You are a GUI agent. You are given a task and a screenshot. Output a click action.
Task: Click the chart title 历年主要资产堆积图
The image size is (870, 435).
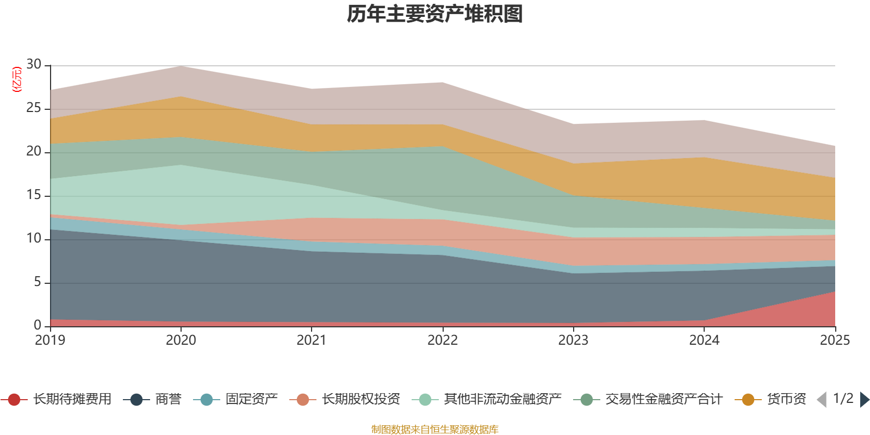pyautogui.click(x=435, y=15)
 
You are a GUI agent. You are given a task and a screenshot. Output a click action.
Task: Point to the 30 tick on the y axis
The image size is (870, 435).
pyautogui.click(x=34, y=65)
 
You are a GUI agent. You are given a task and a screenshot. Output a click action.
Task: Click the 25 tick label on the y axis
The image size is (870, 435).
pyautogui.click(x=34, y=108)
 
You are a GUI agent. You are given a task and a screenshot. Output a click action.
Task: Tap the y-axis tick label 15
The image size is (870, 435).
pyautogui.click(x=34, y=195)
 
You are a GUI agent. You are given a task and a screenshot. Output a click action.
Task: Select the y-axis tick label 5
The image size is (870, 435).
pyautogui.click(x=37, y=282)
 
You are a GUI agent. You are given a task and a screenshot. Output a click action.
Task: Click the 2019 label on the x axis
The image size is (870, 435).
pyautogui.click(x=50, y=340)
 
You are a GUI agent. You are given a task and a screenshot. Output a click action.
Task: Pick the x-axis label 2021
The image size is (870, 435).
pyautogui.click(x=312, y=340)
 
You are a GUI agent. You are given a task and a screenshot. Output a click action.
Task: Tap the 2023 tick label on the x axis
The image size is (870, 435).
pyautogui.click(x=573, y=340)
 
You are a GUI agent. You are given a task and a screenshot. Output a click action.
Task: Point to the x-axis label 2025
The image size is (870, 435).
pyautogui.click(x=835, y=340)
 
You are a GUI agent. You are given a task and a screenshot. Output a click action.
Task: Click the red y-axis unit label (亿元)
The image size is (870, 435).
pyautogui.click(x=17, y=79)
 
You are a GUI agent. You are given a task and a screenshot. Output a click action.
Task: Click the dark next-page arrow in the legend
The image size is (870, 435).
pyautogui.click(x=864, y=400)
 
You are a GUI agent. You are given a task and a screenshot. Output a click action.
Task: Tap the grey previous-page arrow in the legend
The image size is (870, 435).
pyautogui.click(x=822, y=400)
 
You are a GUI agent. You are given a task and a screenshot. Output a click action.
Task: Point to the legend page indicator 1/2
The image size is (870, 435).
pyautogui.click(x=843, y=399)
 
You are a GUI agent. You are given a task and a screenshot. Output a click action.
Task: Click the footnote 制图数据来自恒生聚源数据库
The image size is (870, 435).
pyautogui.click(x=435, y=430)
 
